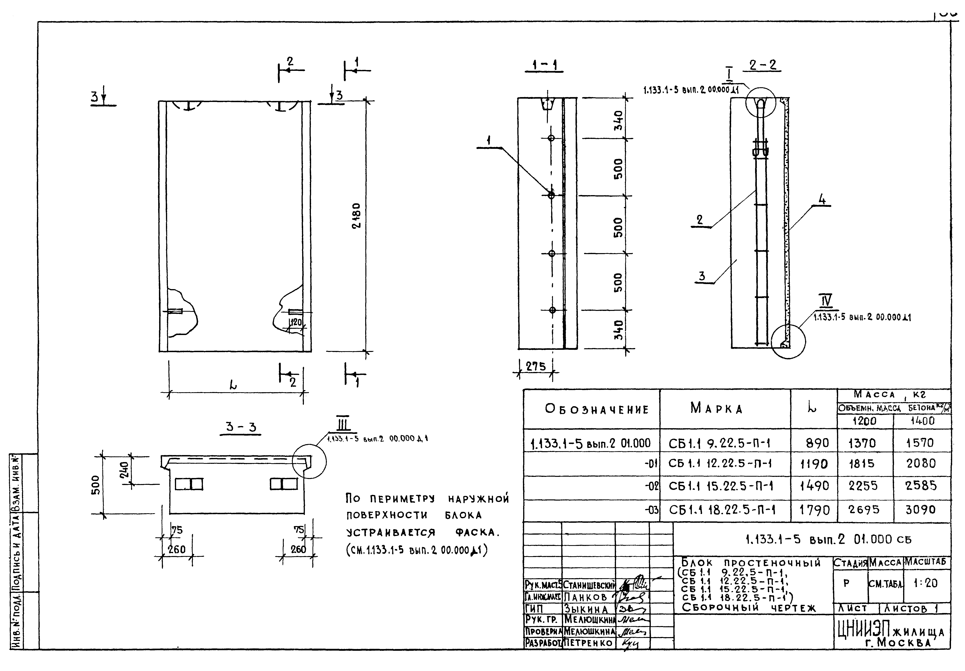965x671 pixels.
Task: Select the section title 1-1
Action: (x=544, y=65)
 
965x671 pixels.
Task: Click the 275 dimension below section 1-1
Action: (x=536, y=366)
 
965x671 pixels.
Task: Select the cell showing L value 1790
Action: (x=814, y=510)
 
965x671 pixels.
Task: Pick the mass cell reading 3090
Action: (x=920, y=510)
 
